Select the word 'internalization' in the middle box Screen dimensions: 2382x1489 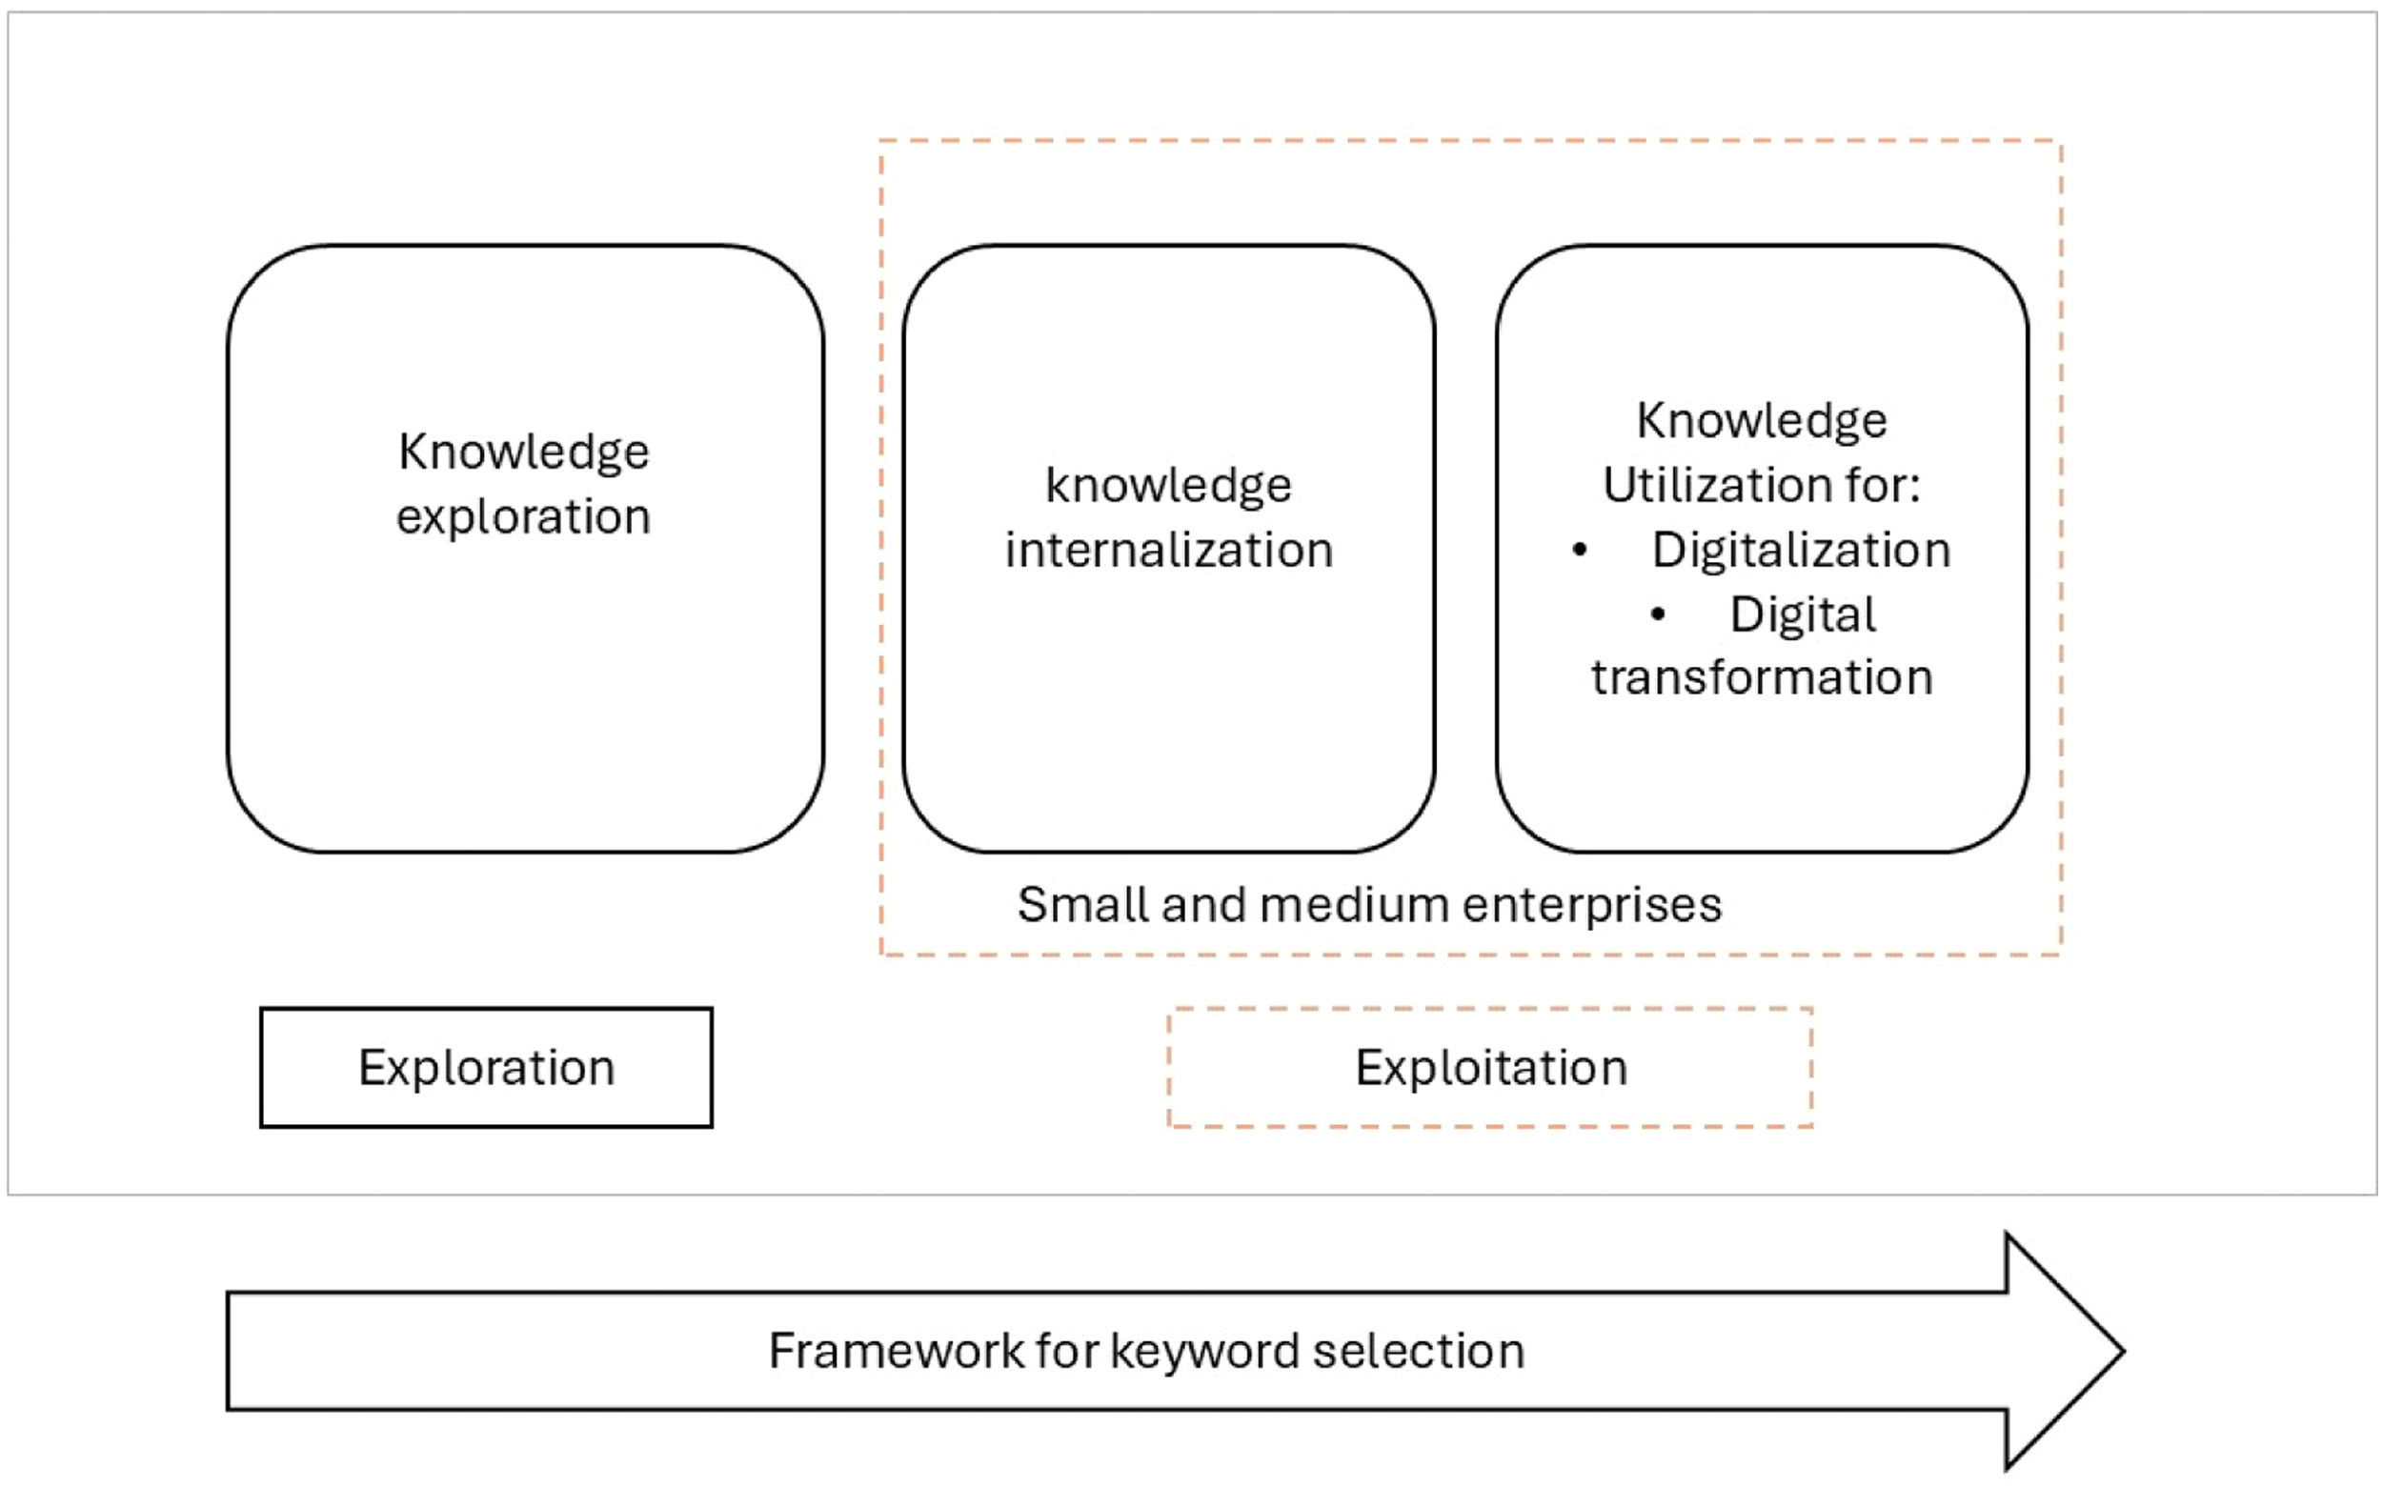pos(1169,550)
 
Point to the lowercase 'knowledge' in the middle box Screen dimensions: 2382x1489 pos(1168,487)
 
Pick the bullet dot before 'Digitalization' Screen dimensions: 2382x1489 pos(1580,550)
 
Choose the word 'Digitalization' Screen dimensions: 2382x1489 pos(1801,551)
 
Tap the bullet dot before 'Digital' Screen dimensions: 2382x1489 pos(1658,614)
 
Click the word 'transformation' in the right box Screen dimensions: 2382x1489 pos(1762,677)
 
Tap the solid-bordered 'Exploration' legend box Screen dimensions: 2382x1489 pos(487,1068)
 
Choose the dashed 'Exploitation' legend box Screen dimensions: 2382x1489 pos(1491,1068)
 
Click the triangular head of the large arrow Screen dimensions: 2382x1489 pos(2065,1351)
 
